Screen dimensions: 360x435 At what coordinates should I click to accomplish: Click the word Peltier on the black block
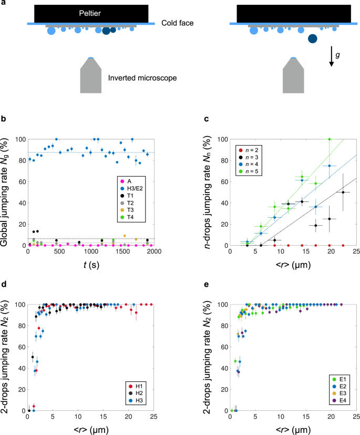[x=90, y=13]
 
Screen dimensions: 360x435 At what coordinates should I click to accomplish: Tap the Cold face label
[x=177, y=23]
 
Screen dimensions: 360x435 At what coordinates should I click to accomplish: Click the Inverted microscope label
[x=142, y=78]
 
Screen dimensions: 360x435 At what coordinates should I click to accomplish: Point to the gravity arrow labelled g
[x=331, y=56]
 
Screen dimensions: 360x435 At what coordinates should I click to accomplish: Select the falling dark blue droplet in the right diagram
[x=313, y=38]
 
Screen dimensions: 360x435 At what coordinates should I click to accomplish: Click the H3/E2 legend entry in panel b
[x=131, y=189]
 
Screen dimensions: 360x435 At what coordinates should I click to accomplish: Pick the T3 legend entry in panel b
[x=127, y=210]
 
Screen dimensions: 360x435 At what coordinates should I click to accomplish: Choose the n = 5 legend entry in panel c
[x=248, y=171]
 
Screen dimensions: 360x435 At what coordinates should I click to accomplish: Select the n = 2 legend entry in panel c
[x=248, y=150]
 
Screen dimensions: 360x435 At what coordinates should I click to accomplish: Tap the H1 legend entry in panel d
[x=136, y=386]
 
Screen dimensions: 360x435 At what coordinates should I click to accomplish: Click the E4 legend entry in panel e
[x=339, y=400]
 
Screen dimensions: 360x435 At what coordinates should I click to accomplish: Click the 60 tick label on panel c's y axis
[x=224, y=181]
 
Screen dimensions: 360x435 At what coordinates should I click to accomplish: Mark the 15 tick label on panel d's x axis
[x=103, y=417]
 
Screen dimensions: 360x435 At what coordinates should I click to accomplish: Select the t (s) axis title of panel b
[x=91, y=265]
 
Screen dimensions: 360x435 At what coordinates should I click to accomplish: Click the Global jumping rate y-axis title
[x=4, y=192]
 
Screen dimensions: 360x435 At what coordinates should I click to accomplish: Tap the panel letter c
[x=207, y=119]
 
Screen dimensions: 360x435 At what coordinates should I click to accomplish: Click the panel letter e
[x=207, y=285]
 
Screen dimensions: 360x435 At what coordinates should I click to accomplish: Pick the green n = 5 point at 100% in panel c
[x=330, y=139]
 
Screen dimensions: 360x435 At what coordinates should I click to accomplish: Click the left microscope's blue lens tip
[x=91, y=58]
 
